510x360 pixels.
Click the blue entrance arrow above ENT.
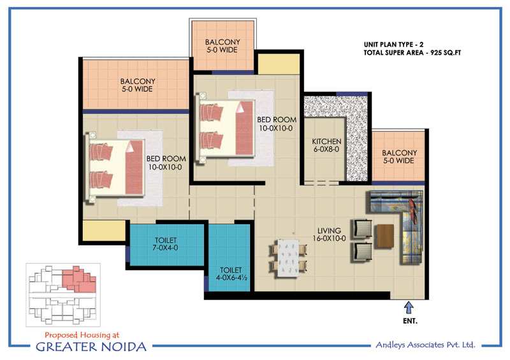[x=409, y=307]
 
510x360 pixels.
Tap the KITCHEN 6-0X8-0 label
[x=326, y=145]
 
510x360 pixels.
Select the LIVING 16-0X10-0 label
[x=329, y=234]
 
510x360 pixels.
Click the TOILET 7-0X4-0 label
[x=166, y=244]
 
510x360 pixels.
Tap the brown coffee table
[x=384, y=236]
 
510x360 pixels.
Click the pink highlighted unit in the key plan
[x=79, y=278]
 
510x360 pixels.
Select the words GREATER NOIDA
[x=91, y=347]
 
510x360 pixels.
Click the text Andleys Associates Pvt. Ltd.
[x=425, y=345]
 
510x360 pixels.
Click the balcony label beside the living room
[x=399, y=156]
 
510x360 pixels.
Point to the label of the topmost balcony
[x=222, y=46]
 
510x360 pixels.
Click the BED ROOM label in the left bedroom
[x=166, y=162]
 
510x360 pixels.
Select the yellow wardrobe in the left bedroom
[x=104, y=231]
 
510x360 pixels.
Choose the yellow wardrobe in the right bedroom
[x=279, y=64]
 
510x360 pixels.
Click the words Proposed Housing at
[x=82, y=335]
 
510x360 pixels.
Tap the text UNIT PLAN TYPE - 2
[x=393, y=45]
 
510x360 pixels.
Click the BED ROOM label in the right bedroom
[x=277, y=124]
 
